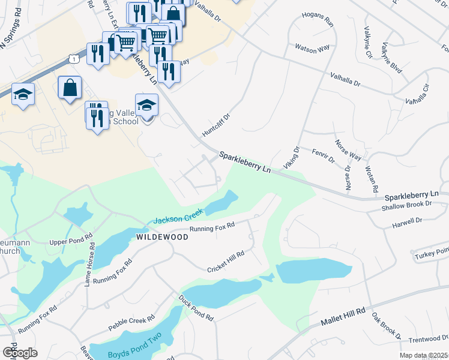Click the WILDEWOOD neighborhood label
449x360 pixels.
tap(162, 237)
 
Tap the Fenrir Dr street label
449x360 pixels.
tap(323, 155)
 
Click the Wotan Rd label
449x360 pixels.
tap(370, 178)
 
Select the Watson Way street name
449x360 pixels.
tap(309, 46)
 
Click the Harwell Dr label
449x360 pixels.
tap(407, 221)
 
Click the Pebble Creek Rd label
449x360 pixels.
tap(131, 323)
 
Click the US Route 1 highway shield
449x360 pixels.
tap(73, 58)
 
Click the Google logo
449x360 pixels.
tap(20, 353)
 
